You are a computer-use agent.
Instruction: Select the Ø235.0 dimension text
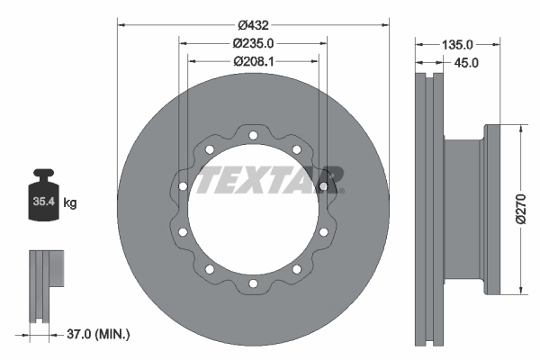coord(253,43)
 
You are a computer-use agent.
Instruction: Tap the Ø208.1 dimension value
coord(253,61)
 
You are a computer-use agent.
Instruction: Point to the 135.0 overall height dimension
coord(457,43)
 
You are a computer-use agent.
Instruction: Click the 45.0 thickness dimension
coord(465,62)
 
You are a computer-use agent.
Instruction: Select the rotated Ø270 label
coord(520,207)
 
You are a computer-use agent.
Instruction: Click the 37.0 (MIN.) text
coord(99,335)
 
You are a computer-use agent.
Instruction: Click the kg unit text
coord(70,203)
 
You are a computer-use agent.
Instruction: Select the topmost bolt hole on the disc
coord(253,137)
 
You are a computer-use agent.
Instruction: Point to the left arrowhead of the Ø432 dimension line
coord(121,23)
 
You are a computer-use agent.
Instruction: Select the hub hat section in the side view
coord(463,209)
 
